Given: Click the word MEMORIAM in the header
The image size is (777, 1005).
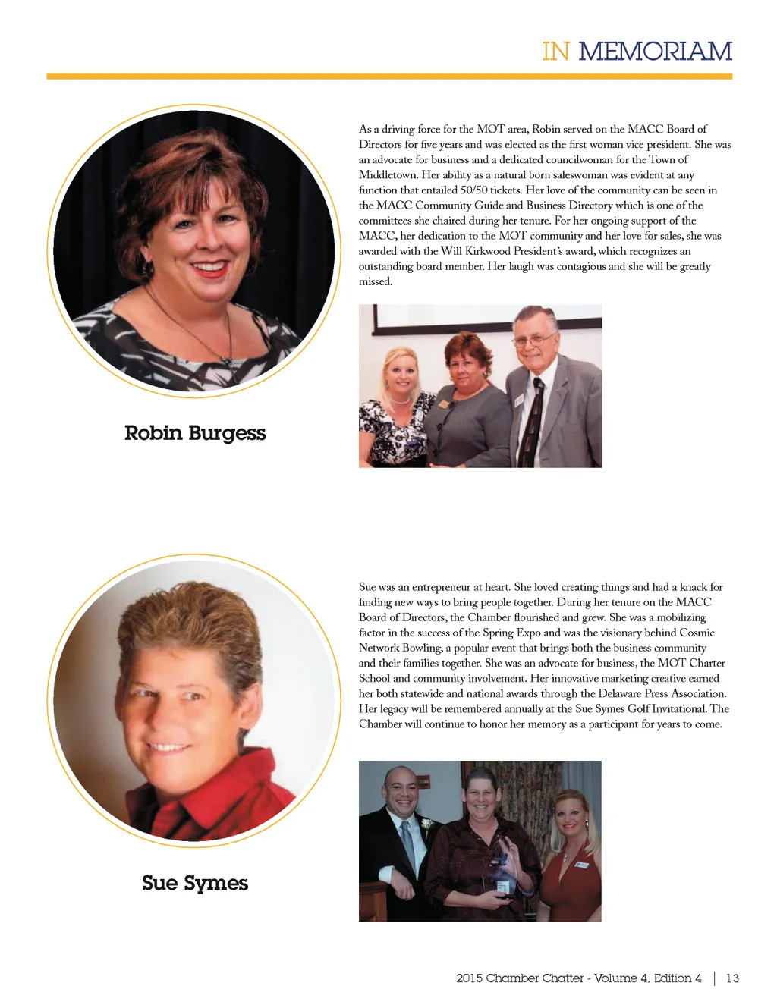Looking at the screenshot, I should [x=655, y=52].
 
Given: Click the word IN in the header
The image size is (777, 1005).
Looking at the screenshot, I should [x=555, y=52].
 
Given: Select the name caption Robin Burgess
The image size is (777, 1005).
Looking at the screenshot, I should [x=195, y=433].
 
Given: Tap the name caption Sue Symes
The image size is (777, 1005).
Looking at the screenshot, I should [x=195, y=883].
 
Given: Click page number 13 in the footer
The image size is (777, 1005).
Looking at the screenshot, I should [x=732, y=978].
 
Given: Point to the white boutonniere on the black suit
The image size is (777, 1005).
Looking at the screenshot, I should [x=427, y=823].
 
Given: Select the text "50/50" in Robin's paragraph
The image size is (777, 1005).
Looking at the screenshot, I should [x=474, y=190].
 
